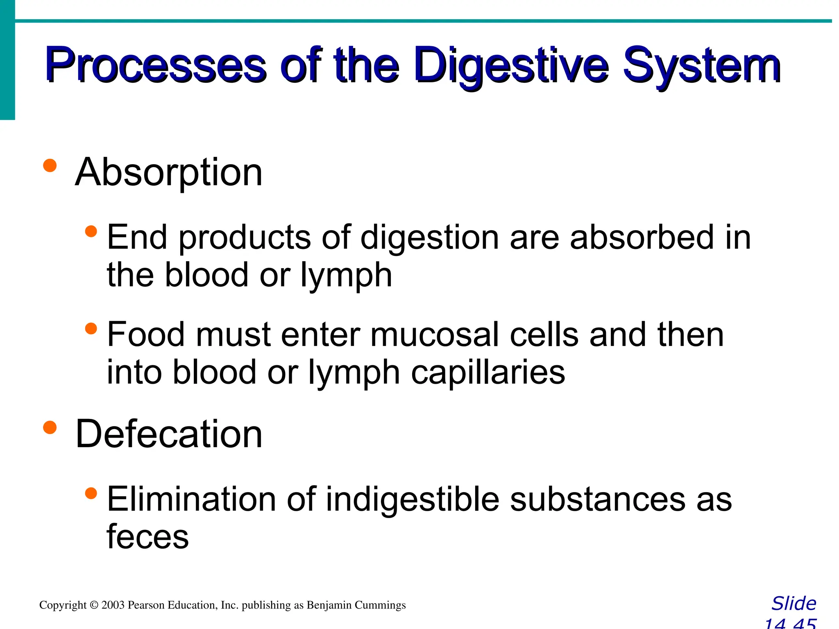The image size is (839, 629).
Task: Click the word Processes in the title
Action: (x=156, y=66)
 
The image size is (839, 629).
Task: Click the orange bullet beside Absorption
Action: (x=50, y=165)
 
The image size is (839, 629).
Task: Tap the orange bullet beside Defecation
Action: (x=50, y=427)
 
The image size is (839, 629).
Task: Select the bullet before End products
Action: (x=91, y=232)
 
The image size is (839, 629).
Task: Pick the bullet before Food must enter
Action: (x=91, y=328)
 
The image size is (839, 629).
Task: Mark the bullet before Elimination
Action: (x=91, y=493)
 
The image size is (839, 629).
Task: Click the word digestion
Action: (x=430, y=238)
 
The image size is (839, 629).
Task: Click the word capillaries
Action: (x=488, y=373)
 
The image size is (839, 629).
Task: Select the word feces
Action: (x=147, y=536)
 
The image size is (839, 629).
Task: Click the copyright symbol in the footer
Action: (x=94, y=605)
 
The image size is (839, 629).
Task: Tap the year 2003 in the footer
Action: (x=113, y=605)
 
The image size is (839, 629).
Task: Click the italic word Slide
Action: (x=794, y=604)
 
